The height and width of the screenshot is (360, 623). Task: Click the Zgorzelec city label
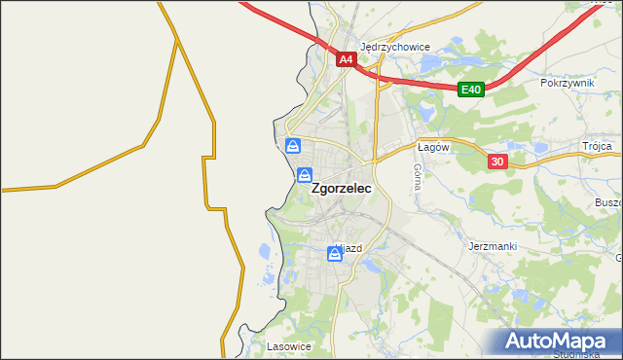tap(341, 192)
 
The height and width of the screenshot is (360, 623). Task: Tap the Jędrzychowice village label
tap(395, 46)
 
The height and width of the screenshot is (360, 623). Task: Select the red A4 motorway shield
tap(346, 60)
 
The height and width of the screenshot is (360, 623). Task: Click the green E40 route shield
tap(471, 90)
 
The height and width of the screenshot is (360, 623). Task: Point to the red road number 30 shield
tap(496, 162)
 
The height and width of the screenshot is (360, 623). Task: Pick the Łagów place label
tap(431, 147)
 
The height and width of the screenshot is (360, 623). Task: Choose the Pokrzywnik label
tap(567, 84)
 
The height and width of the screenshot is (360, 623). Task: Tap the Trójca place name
tap(597, 146)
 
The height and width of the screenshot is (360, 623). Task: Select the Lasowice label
tap(288, 345)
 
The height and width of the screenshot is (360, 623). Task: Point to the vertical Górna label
tap(417, 176)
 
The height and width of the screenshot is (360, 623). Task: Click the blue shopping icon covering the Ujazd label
tap(335, 254)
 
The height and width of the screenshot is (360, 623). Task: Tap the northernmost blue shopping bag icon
tap(293, 147)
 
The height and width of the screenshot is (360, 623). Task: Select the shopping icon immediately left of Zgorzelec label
tap(305, 176)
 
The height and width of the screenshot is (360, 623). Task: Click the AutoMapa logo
tap(561, 342)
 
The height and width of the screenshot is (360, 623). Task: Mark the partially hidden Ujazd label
tap(349, 248)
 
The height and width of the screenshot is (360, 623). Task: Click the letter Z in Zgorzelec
tap(316, 192)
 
